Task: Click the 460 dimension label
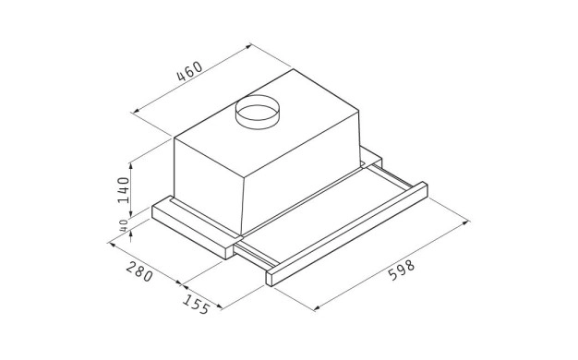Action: (190, 71)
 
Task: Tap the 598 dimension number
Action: (402, 270)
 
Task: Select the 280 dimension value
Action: (139, 271)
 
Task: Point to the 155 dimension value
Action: (197, 304)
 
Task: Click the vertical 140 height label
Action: (124, 190)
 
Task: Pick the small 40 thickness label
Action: (124, 225)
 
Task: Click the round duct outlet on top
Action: (258, 112)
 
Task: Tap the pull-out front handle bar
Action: (346, 234)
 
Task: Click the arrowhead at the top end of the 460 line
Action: (248, 46)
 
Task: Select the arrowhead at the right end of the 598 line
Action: (466, 222)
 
